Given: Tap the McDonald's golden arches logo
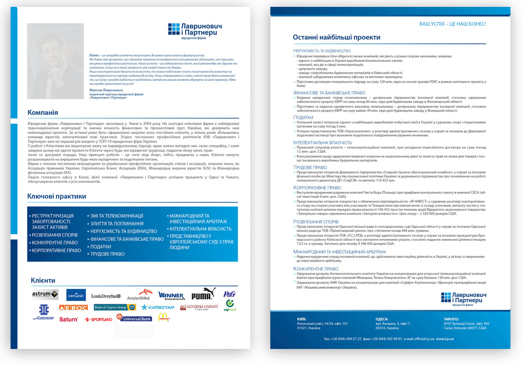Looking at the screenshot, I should (164, 317).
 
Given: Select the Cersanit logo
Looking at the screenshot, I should (76, 295).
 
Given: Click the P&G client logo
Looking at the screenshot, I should (230, 294).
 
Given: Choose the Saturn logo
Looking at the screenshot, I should (69, 319).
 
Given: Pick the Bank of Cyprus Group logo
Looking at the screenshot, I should (110, 307).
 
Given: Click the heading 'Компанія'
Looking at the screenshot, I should (43, 112).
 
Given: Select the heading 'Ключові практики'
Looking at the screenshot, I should (56, 197).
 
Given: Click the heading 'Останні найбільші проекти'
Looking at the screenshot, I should (336, 37).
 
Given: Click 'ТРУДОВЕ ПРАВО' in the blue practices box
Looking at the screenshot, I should (108, 254).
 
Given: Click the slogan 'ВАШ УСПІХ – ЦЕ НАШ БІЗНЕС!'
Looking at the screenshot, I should (452, 24).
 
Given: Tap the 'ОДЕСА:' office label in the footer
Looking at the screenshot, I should (382, 319).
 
